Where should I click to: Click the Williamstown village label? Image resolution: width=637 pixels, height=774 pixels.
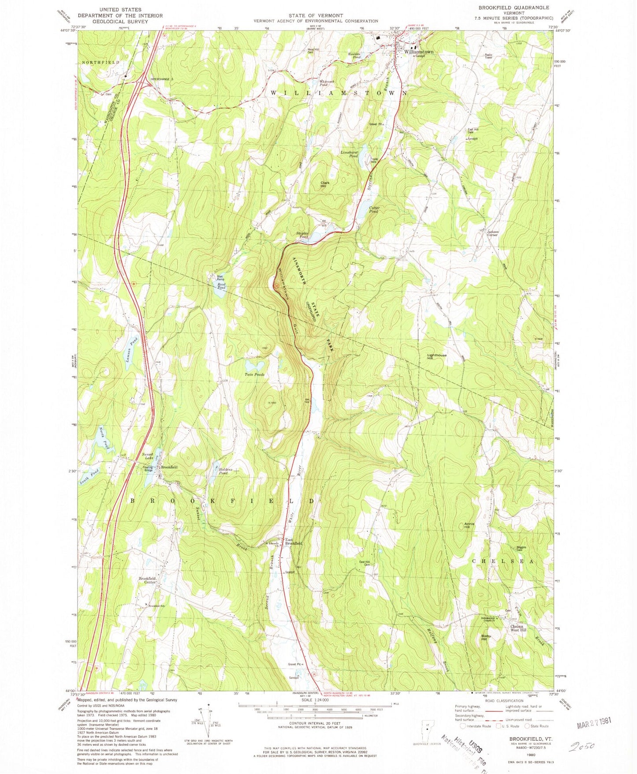[418, 52]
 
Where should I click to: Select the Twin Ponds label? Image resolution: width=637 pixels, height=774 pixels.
[255, 374]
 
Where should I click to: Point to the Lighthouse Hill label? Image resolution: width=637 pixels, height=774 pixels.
[437, 357]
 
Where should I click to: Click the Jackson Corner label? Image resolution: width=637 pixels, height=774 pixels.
[492, 233]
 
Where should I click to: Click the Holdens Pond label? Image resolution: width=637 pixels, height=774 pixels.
[220, 471]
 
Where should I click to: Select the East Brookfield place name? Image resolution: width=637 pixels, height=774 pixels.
[293, 542]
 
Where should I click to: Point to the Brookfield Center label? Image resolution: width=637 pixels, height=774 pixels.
[147, 580]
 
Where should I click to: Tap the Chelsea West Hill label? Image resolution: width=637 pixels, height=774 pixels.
[518, 628]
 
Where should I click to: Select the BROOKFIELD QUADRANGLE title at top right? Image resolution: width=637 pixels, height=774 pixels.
[514, 7]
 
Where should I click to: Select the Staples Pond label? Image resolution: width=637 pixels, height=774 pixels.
[302, 235]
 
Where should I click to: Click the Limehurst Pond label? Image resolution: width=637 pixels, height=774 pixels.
[349, 154]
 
